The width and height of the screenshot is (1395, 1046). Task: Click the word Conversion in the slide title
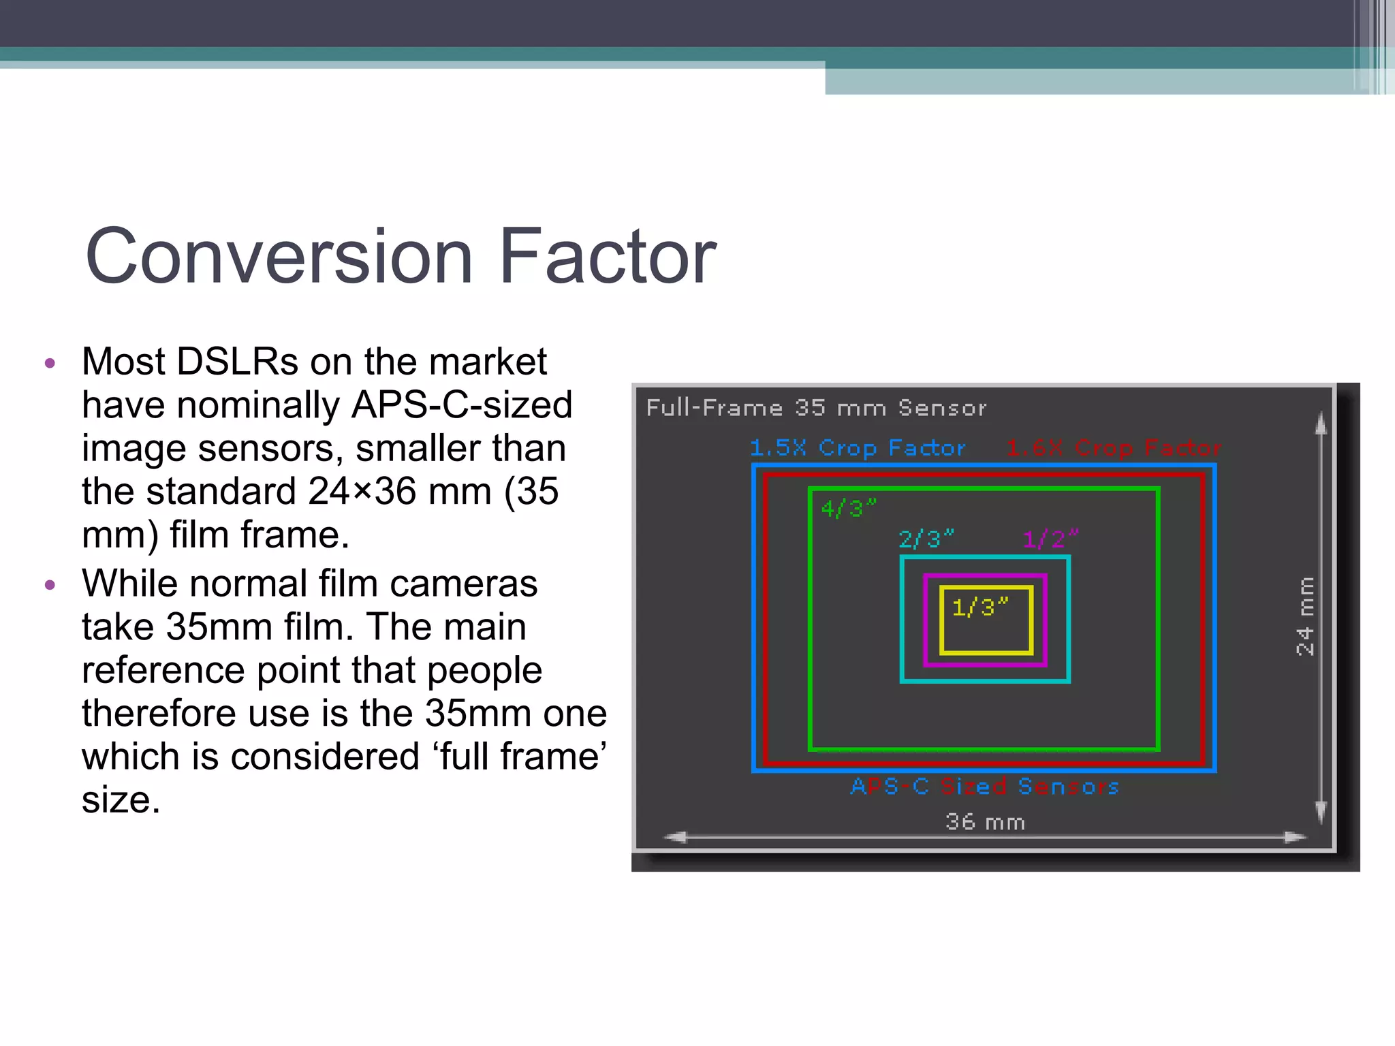[x=279, y=257]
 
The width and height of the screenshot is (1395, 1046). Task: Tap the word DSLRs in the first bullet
[x=237, y=362]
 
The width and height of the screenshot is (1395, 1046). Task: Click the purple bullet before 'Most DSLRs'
[x=50, y=364]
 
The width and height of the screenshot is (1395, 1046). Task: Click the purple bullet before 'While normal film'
[x=50, y=586]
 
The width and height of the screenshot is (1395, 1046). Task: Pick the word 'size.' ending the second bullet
[x=121, y=800]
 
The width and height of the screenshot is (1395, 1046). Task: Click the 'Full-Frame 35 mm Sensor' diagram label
[x=815, y=408]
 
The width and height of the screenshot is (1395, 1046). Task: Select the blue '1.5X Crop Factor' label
[x=858, y=448]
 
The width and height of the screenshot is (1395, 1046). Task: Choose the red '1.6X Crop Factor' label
[x=1114, y=448]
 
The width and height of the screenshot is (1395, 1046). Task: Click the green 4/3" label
[x=847, y=508]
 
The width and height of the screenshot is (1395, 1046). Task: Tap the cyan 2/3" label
[x=926, y=539]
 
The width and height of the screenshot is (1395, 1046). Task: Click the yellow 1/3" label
[x=979, y=607]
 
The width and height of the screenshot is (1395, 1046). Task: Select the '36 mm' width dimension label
[x=985, y=822]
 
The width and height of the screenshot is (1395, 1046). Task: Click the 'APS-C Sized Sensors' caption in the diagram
[x=985, y=787]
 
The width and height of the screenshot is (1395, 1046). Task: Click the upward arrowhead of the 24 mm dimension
[x=1321, y=424]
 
